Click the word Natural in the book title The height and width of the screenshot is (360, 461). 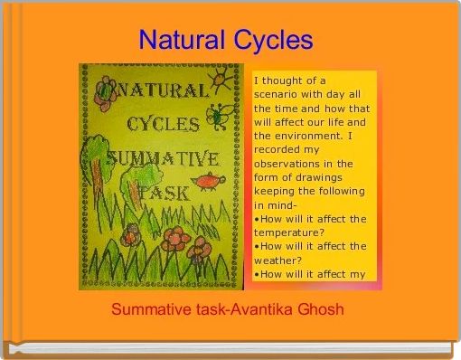pos(183,41)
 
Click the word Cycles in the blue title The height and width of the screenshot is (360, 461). pos(272,41)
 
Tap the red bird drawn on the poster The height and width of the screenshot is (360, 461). pos(208,182)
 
